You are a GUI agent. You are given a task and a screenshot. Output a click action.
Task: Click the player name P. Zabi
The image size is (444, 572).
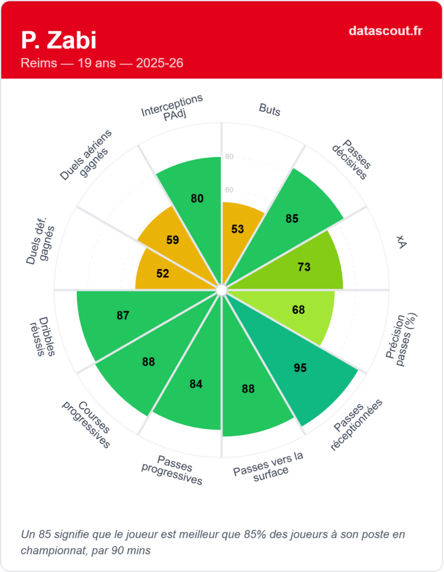click(59, 40)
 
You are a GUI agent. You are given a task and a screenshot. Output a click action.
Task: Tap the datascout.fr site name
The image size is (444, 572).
click(385, 31)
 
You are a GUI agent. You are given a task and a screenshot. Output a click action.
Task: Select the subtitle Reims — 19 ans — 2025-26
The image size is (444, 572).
click(102, 63)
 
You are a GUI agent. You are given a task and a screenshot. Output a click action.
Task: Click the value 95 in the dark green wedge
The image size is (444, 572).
click(300, 368)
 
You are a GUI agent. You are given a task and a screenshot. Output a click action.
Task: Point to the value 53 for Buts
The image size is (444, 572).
click(238, 229)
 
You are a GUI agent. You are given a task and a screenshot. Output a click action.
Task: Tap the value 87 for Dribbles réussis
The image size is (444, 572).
click(123, 315)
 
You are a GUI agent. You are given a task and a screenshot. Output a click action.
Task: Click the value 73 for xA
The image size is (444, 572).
click(304, 267)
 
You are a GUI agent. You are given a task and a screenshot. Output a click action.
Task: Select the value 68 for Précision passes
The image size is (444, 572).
click(299, 309)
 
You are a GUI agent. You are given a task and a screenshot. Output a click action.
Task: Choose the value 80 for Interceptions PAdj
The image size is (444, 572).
click(197, 198)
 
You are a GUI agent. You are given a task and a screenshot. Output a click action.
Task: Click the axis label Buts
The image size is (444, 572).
click(270, 109)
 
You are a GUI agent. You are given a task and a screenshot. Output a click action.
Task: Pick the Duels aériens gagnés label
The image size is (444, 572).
click(88, 156)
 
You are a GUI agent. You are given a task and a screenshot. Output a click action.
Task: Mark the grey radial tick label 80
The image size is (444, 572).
click(229, 156)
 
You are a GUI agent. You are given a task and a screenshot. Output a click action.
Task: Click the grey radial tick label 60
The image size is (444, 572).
click(229, 190)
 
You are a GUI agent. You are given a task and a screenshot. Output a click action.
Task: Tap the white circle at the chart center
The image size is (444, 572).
click(221, 290)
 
